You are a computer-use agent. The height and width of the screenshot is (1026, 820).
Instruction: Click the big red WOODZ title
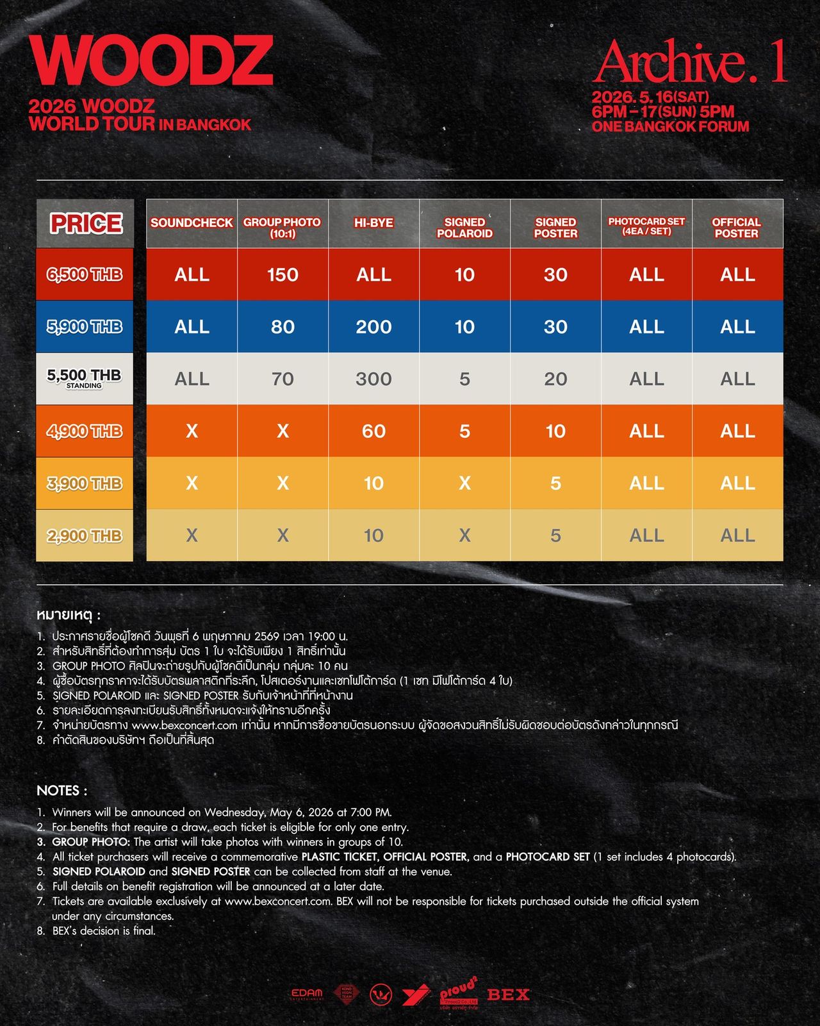pyautogui.click(x=151, y=60)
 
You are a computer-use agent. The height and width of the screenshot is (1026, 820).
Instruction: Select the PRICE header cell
pyautogui.click(x=85, y=223)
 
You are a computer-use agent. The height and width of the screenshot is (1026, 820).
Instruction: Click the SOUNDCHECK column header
pyautogui.click(x=192, y=223)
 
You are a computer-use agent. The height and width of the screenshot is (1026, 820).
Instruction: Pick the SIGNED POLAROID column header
pyautogui.click(x=464, y=228)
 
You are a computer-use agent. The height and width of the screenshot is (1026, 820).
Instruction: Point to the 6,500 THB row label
pyautogui.click(x=85, y=274)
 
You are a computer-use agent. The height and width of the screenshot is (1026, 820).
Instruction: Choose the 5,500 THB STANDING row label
pyautogui.click(x=85, y=378)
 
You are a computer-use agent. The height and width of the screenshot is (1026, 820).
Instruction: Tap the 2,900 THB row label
pyautogui.click(x=85, y=535)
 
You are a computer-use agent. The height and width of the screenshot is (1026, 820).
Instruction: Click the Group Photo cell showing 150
pyautogui.click(x=283, y=274)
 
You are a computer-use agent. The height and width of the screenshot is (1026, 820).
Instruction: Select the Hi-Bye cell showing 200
pyautogui.click(x=373, y=327)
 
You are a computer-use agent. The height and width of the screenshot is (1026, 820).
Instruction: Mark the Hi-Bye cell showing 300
pyautogui.click(x=373, y=379)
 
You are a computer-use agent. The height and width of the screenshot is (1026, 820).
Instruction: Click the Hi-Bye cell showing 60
pyautogui.click(x=373, y=431)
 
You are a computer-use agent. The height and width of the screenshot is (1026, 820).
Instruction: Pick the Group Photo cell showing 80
pyautogui.click(x=283, y=327)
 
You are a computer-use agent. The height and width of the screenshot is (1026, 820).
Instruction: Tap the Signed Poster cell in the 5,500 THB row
pyautogui.click(x=555, y=379)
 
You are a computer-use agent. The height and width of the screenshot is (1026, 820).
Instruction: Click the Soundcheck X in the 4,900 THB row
pyautogui.click(x=192, y=431)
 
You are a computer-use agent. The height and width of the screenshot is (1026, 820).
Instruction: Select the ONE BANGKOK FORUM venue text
pyautogui.click(x=670, y=126)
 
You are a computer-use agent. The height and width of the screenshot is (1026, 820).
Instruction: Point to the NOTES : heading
pyautogui.click(x=62, y=790)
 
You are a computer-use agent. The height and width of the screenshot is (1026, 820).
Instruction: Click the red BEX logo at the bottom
pyautogui.click(x=508, y=995)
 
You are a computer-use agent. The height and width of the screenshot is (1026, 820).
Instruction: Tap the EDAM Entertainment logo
pyautogui.click(x=307, y=994)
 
